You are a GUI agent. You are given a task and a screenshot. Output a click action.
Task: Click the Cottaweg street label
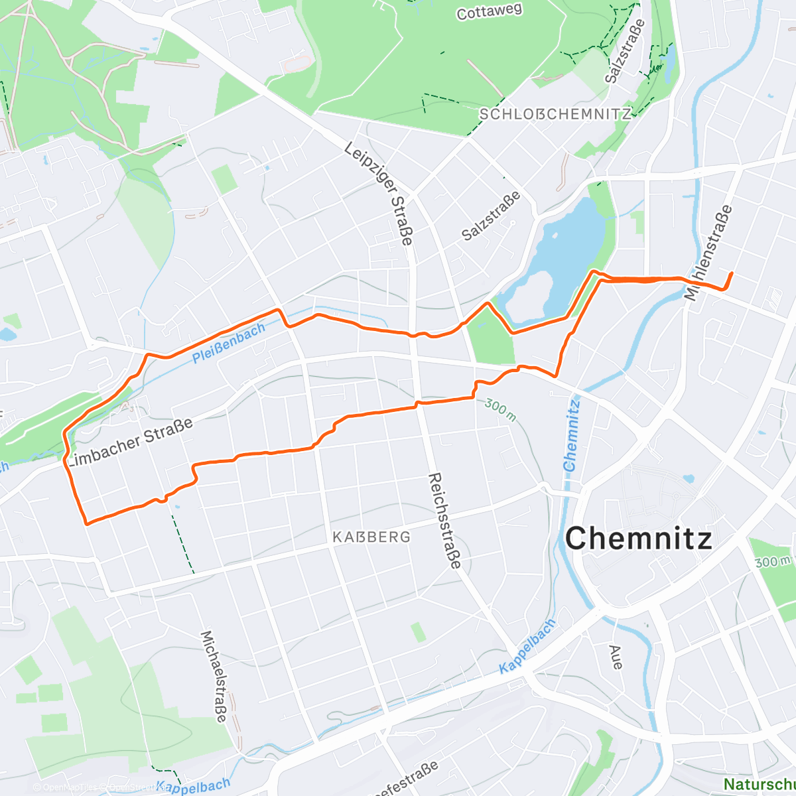pos(489,11)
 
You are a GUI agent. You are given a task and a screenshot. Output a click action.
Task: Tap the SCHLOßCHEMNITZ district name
pos(555,114)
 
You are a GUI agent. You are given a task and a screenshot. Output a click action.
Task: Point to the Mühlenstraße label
pos(709,253)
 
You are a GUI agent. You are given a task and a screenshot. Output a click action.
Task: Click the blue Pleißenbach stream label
pos(229,342)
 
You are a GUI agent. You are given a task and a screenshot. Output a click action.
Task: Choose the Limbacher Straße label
pos(131,442)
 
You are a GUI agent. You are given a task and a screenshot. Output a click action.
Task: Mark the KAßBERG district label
pos(371,537)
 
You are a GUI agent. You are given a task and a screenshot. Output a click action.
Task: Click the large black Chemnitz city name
pos(639,537)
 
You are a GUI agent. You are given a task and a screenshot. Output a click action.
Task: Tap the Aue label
pos(615,656)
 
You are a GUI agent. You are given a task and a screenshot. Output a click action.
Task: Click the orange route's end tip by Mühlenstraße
pos(731,273)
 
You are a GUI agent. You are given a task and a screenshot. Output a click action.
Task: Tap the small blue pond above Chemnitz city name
pos(688,478)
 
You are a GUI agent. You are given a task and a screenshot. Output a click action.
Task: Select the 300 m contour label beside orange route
pos(500,410)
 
